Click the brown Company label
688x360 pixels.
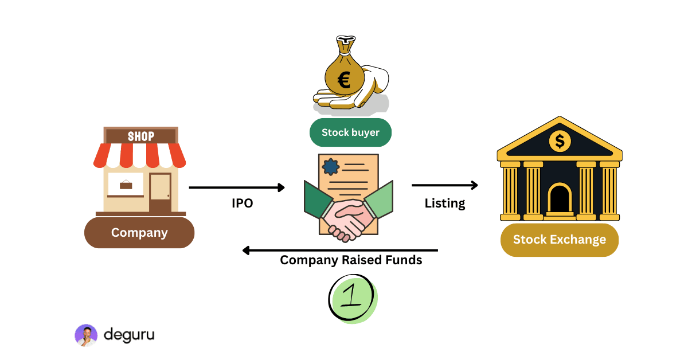point(139,233)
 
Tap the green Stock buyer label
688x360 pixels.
point(350,132)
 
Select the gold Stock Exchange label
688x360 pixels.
point(559,240)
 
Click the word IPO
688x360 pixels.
point(242,203)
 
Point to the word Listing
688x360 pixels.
point(444,203)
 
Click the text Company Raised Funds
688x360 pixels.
point(351,260)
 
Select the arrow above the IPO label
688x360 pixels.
point(237,187)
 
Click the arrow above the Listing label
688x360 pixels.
point(444,185)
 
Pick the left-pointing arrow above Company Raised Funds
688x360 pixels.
point(340,250)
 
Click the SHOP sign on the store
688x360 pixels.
point(141,136)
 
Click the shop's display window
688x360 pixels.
point(126,184)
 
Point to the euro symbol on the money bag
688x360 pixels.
point(344,80)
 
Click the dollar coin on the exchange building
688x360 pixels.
point(560,139)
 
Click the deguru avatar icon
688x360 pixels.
point(86,335)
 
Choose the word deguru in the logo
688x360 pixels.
point(129,335)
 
